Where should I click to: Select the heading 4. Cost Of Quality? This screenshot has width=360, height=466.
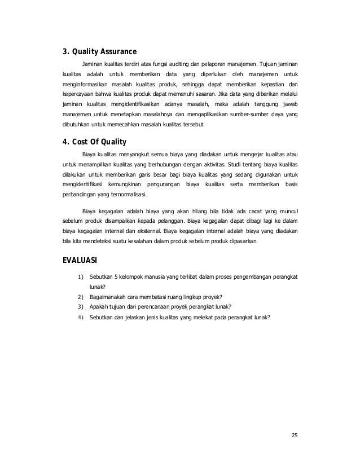(94, 141)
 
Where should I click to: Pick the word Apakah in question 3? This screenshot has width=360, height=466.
(100, 306)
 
